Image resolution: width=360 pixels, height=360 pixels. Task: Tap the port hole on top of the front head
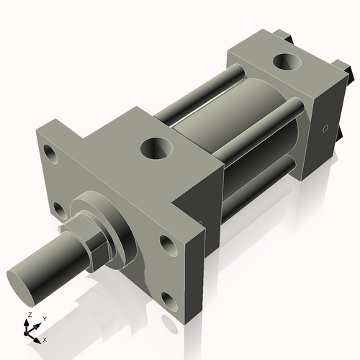(158, 149)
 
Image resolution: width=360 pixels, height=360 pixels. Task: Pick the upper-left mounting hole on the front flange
(51, 154)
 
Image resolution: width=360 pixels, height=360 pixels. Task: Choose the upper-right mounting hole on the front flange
(166, 246)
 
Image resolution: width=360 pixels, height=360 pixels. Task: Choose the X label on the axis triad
(45, 338)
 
